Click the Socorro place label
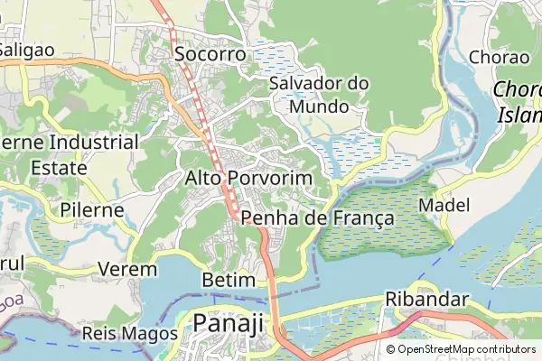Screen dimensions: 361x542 (210, 54)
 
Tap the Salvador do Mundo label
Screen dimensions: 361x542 (319, 95)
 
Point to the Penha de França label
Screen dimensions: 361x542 (317, 218)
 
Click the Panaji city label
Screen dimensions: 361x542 (229, 324)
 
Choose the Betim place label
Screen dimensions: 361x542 (229, 280)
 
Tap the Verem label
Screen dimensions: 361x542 (126, 269)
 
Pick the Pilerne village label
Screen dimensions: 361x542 (92, 209)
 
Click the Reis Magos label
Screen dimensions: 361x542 (129, 333)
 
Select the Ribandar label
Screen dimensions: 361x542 (427, 300)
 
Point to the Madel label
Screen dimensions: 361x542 (444, 206)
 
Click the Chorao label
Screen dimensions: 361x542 (500, 57)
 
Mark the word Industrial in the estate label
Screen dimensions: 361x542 (94, 143)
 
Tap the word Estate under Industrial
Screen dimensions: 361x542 (58, 168)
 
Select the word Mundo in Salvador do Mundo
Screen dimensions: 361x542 (319, 106)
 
